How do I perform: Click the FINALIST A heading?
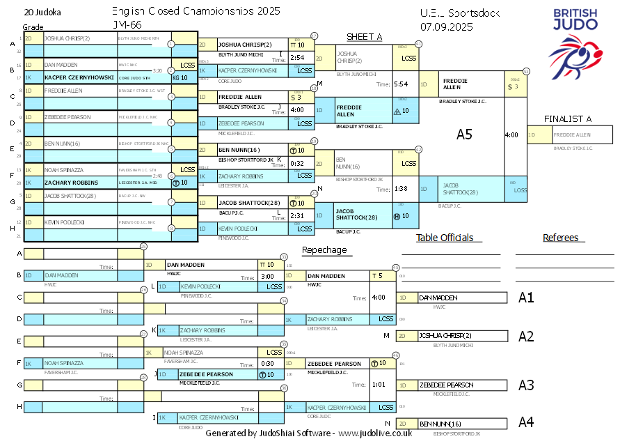[x=568, y=119]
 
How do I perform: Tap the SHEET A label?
[x=365, y=37]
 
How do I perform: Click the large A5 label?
[x=464, y=134]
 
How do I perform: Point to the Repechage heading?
[x=324, y=250]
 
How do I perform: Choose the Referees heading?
[x=560, y=238]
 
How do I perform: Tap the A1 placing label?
[x=526, y=298]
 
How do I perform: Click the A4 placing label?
[x=526, y=422]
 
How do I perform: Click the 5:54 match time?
[x=401, y=84]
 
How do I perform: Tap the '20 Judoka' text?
[x=41, y=13]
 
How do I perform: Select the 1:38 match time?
[x=401, y=189]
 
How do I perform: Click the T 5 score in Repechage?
[x=378, y=276]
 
